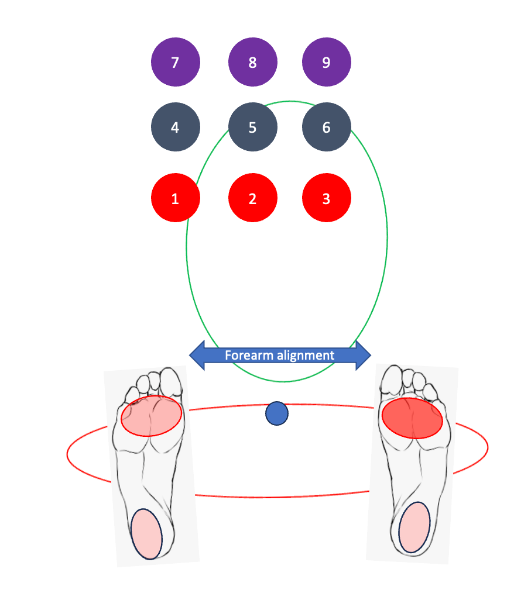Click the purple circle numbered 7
(x=175, y=63)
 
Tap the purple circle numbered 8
(x=252, y=63)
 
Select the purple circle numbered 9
(x=326, y=63)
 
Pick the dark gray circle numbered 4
(x=175, y=127)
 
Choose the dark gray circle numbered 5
(x=252, y=127)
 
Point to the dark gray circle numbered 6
(x=326, y=127)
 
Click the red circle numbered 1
(x=175, y=198)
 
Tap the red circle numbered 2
(x=252, y=198)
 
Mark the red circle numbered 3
(x=326, y=198)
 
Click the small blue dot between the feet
(x=277, y=413)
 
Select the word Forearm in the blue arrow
(x=246, y=355)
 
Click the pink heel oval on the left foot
(x=146, y=534)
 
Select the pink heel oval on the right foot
(x=414, y=527)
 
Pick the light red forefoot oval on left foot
(x=152, y=415)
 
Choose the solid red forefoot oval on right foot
(x=412, y=418)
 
